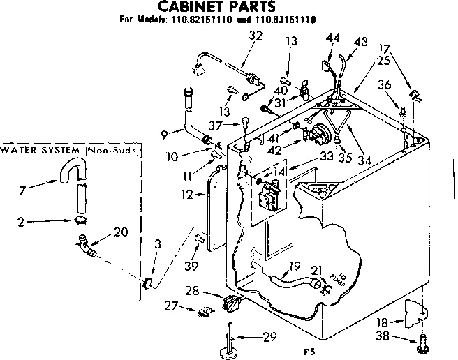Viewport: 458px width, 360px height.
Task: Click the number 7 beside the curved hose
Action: [22, 190]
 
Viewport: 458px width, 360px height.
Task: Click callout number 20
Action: [119, 232]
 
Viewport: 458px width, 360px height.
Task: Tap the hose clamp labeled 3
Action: [148, 283]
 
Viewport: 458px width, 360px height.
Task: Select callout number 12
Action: [186, 195]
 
